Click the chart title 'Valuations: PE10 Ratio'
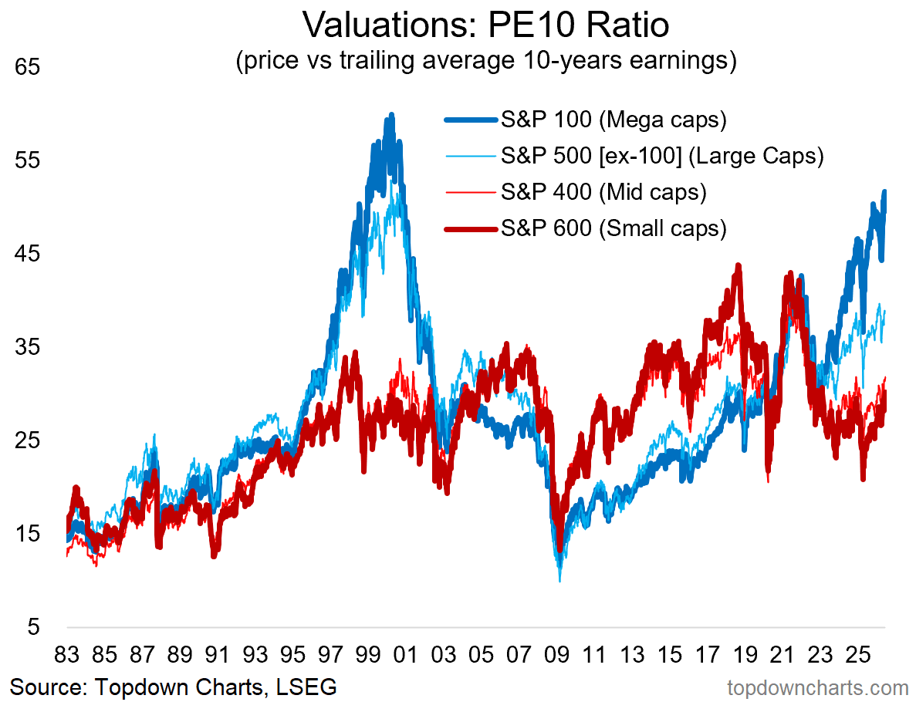(x=485, y=25)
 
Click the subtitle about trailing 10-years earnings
(x=486, y=60)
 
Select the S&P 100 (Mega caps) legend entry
(x=586, y=119)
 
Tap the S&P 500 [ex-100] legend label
(x=662, y=156)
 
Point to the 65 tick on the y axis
(x=28, y=66)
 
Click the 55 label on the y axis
(x=28, y=160)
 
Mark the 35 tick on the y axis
(x=28, y=347)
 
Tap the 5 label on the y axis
(x=34, y=627)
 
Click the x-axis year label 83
(x=66, y=655)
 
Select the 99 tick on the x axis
(x=368, y=655)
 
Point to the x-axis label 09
(x=556, y=655)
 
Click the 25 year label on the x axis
(x=858, y=655)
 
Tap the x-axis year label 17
(x=708, y=655)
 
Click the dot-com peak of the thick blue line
(x=391, y=115)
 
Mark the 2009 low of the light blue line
(x=559, y=581)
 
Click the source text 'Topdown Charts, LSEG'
(x=215, y=687)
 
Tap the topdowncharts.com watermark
(x=818, y=688)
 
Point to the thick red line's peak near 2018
(x=739, y=266)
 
